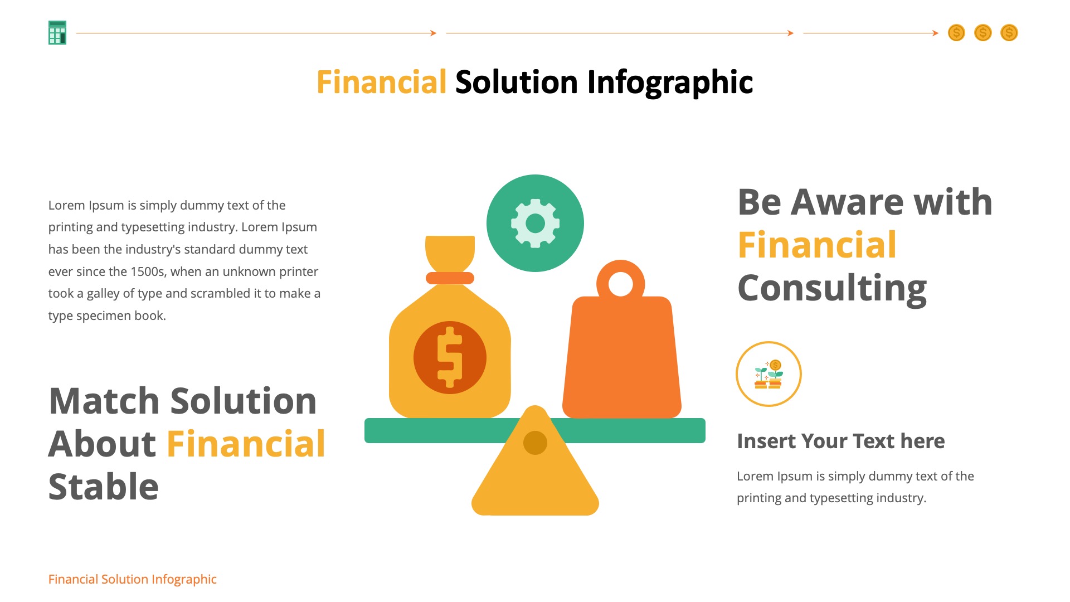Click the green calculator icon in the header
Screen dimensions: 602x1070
tap(57, 33)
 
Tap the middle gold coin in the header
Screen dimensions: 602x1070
tap(983, 33)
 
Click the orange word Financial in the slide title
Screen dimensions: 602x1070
tap(381, 82)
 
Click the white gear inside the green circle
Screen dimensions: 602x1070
tap(535, 224)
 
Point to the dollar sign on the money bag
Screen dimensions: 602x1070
tap(450, 357)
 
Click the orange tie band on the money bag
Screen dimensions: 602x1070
tap(450, 278)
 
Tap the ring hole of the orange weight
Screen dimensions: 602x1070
tap(620, 284)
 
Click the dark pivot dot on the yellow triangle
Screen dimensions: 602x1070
tap(535, 443)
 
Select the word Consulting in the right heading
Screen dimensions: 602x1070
tap(832, 288)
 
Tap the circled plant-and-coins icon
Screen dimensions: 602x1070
tap(769, 374)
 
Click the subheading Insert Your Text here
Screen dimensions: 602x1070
tap(840, 441)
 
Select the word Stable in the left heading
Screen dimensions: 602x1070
tap(104, 487)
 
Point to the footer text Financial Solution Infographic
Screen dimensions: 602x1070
tap(132, 579)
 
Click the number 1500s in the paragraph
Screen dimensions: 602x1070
tap(148, 271)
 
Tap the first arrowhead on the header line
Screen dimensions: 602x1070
tap(433, 33)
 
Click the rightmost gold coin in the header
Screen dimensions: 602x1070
tap(1009, 33)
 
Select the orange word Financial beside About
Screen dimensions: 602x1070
tap(246, 444)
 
